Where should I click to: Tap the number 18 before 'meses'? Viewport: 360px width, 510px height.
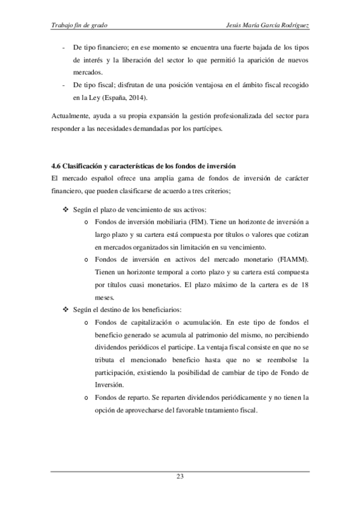point(304,284)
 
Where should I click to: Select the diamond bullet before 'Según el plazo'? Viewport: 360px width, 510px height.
point(66,210)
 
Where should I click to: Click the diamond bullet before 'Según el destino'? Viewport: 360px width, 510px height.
point(66,310)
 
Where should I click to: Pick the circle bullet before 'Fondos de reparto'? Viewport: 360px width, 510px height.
point(88,398)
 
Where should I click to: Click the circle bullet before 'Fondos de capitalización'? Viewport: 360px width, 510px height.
point(88,322)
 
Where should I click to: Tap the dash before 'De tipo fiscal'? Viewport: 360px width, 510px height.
point(63,84)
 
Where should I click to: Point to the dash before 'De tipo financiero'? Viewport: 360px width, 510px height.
point(63,46)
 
